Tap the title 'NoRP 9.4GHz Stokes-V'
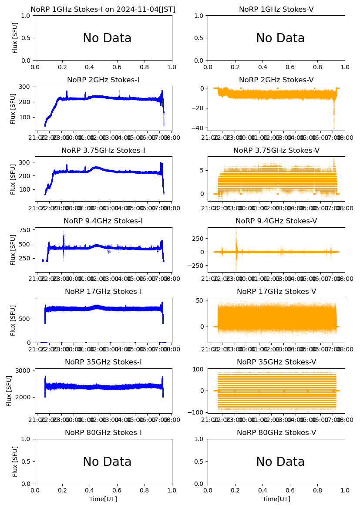point(276,221)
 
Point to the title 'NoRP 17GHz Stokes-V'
point(276,292)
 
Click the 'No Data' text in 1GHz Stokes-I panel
point(107,38)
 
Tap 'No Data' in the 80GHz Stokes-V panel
point(280,462)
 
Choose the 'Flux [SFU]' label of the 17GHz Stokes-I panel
point(13,320)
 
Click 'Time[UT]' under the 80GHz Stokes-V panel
point(276,499)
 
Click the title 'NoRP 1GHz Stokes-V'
point(276,10)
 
